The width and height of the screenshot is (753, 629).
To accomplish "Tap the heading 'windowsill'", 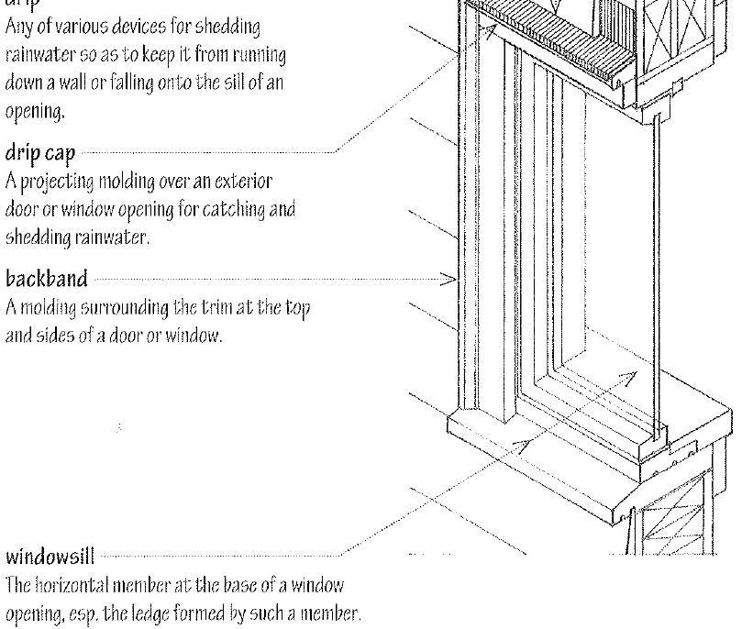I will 45,556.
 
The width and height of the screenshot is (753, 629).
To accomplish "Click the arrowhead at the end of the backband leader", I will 452,278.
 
